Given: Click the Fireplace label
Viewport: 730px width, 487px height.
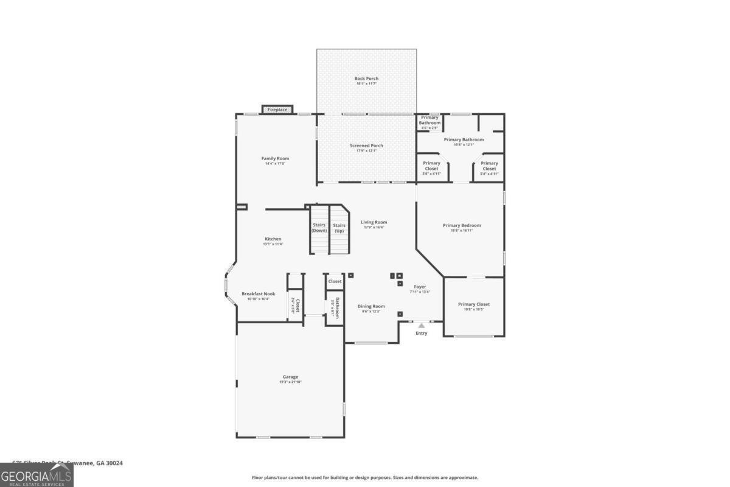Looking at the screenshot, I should (x=277, y=110).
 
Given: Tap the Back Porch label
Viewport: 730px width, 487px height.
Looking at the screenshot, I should (x=366, y=79).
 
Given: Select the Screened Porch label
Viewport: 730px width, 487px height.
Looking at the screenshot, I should (x=366, y=145).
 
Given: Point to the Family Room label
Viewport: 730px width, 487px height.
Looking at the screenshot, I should (x=275, y=158).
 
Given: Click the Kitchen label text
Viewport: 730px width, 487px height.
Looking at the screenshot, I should (x=273, y=239).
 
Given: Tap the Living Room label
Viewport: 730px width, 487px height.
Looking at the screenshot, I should (x=374, y=222).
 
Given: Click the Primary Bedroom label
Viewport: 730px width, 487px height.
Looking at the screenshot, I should (x=461, y=225).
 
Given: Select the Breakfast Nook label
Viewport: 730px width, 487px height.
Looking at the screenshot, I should (x=258, y=293).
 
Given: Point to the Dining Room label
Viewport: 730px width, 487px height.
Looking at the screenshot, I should (x=370, y=306).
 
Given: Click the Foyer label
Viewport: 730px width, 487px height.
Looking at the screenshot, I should (x=420, y=287).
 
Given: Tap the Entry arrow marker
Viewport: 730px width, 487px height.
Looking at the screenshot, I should (x=421, y=326).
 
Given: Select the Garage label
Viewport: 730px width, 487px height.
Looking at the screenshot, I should (x=290, y=377).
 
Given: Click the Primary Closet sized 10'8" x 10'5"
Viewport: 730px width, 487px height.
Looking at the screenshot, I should (x=474, y=304).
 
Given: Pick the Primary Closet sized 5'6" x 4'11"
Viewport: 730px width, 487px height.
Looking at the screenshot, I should (x=431, y=166).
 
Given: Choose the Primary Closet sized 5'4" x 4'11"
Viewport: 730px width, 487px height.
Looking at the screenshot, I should (x=489, y=166).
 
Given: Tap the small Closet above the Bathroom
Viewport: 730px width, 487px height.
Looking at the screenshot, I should (x=335, y=281).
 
